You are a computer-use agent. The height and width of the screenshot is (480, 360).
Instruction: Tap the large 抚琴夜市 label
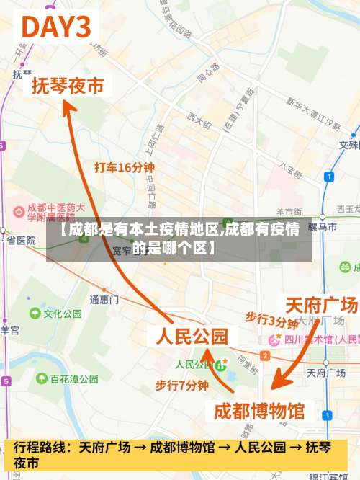[68, 86]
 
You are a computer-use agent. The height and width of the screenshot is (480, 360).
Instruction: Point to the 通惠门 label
[104, 299]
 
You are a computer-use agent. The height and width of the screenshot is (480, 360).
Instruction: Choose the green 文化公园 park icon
[35, 314]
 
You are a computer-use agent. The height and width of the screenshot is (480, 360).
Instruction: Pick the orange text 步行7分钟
[181, 386]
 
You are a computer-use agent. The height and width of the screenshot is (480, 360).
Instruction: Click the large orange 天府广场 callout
[321, 303]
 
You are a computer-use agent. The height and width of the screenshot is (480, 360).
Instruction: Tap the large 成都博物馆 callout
[260, 412]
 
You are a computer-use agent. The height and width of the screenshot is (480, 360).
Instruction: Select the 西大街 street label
[198, 119]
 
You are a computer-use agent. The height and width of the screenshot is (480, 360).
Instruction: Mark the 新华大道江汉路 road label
[312, 113]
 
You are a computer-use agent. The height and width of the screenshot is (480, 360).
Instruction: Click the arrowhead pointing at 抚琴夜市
[67, 107]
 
